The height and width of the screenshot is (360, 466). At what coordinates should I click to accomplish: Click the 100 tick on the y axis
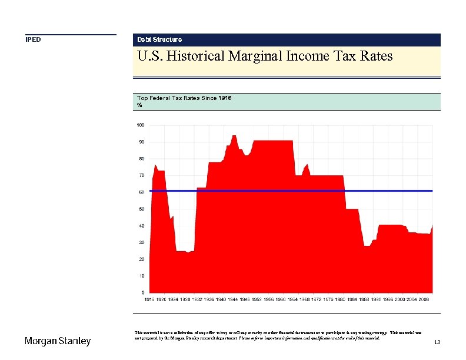(x=141, y=125)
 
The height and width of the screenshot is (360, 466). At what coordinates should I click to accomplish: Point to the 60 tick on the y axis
(x=141, y=192)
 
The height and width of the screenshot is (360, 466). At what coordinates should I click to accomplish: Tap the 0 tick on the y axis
(x=142, y=292)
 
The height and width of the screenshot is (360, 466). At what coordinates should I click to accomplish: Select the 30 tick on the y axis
(x=141, y=242)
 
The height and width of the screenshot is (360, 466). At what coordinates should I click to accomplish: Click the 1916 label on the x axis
(x=150, y=299)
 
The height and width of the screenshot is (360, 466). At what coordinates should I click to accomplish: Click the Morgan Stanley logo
(x=58, y=341)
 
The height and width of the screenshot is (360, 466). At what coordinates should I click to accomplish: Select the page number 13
(x=437, y=342)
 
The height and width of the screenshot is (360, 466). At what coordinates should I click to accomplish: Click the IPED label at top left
(x=33, y=40)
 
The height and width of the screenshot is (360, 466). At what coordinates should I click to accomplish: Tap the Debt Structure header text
(x=159, y=39)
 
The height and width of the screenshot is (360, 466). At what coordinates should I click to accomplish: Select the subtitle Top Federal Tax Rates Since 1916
(x=184, y=98)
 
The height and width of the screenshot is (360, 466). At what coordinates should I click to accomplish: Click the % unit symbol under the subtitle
(x=139, y=105)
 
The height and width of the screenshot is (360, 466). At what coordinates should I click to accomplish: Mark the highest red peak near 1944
(x=234, y=136)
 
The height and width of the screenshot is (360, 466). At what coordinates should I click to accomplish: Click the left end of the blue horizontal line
(x=151, y=191)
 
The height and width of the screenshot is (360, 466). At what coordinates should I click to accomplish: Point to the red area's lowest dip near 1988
(x=367, y=245)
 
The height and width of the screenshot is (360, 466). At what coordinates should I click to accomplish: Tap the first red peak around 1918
(x=155, y=165)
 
